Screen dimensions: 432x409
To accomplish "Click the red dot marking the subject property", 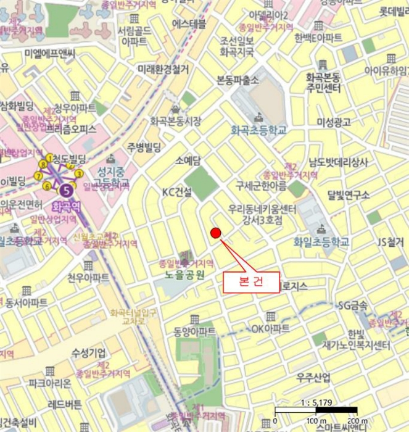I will click(215, 233).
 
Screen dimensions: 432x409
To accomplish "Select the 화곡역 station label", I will click(65, 206).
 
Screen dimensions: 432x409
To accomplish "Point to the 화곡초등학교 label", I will click(258, 130).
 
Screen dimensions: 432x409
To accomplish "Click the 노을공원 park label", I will click(184, 275).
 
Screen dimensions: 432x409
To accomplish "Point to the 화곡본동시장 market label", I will click(175, 122).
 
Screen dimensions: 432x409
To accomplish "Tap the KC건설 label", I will click(177, 192).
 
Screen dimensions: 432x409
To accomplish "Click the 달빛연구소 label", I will click(349, 195).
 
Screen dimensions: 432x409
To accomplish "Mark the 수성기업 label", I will click(88, 352).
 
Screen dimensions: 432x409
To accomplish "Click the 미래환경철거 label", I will click(163, 70).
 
